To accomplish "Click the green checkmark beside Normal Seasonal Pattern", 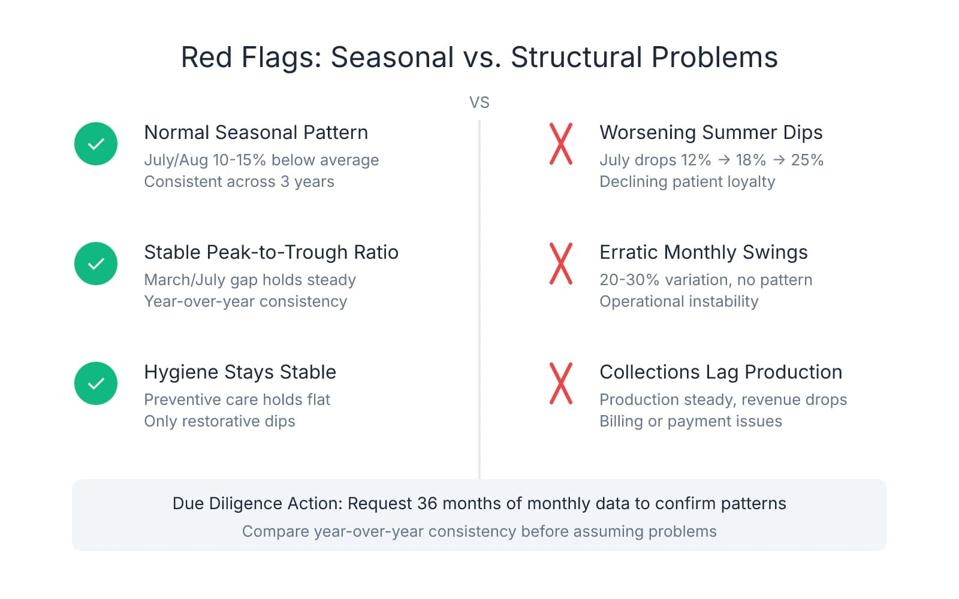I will [96, 144].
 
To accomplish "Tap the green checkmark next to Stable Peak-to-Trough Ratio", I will [96, 264].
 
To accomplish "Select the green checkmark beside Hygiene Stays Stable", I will [96, 383].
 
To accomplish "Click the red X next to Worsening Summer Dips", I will [561, 144].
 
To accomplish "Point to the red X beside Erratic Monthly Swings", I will [561, 264].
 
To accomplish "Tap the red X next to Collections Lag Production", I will [561, 383].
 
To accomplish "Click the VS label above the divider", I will [479, 102].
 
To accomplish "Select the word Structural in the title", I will [576, 58].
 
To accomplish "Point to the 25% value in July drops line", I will [807, 160].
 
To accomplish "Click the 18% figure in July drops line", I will [750, 160].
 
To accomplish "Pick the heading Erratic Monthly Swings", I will [703, 252].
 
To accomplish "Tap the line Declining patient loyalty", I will [687, 181].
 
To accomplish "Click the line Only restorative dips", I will [219, 421].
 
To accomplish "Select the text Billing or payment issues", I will [690, 421].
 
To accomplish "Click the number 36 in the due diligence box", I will [427, 503].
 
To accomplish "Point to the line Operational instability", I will [678, 301].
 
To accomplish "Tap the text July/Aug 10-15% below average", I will [261, 160].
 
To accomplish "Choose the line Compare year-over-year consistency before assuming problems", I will [479, 531].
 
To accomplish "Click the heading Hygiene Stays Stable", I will [240, 372].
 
